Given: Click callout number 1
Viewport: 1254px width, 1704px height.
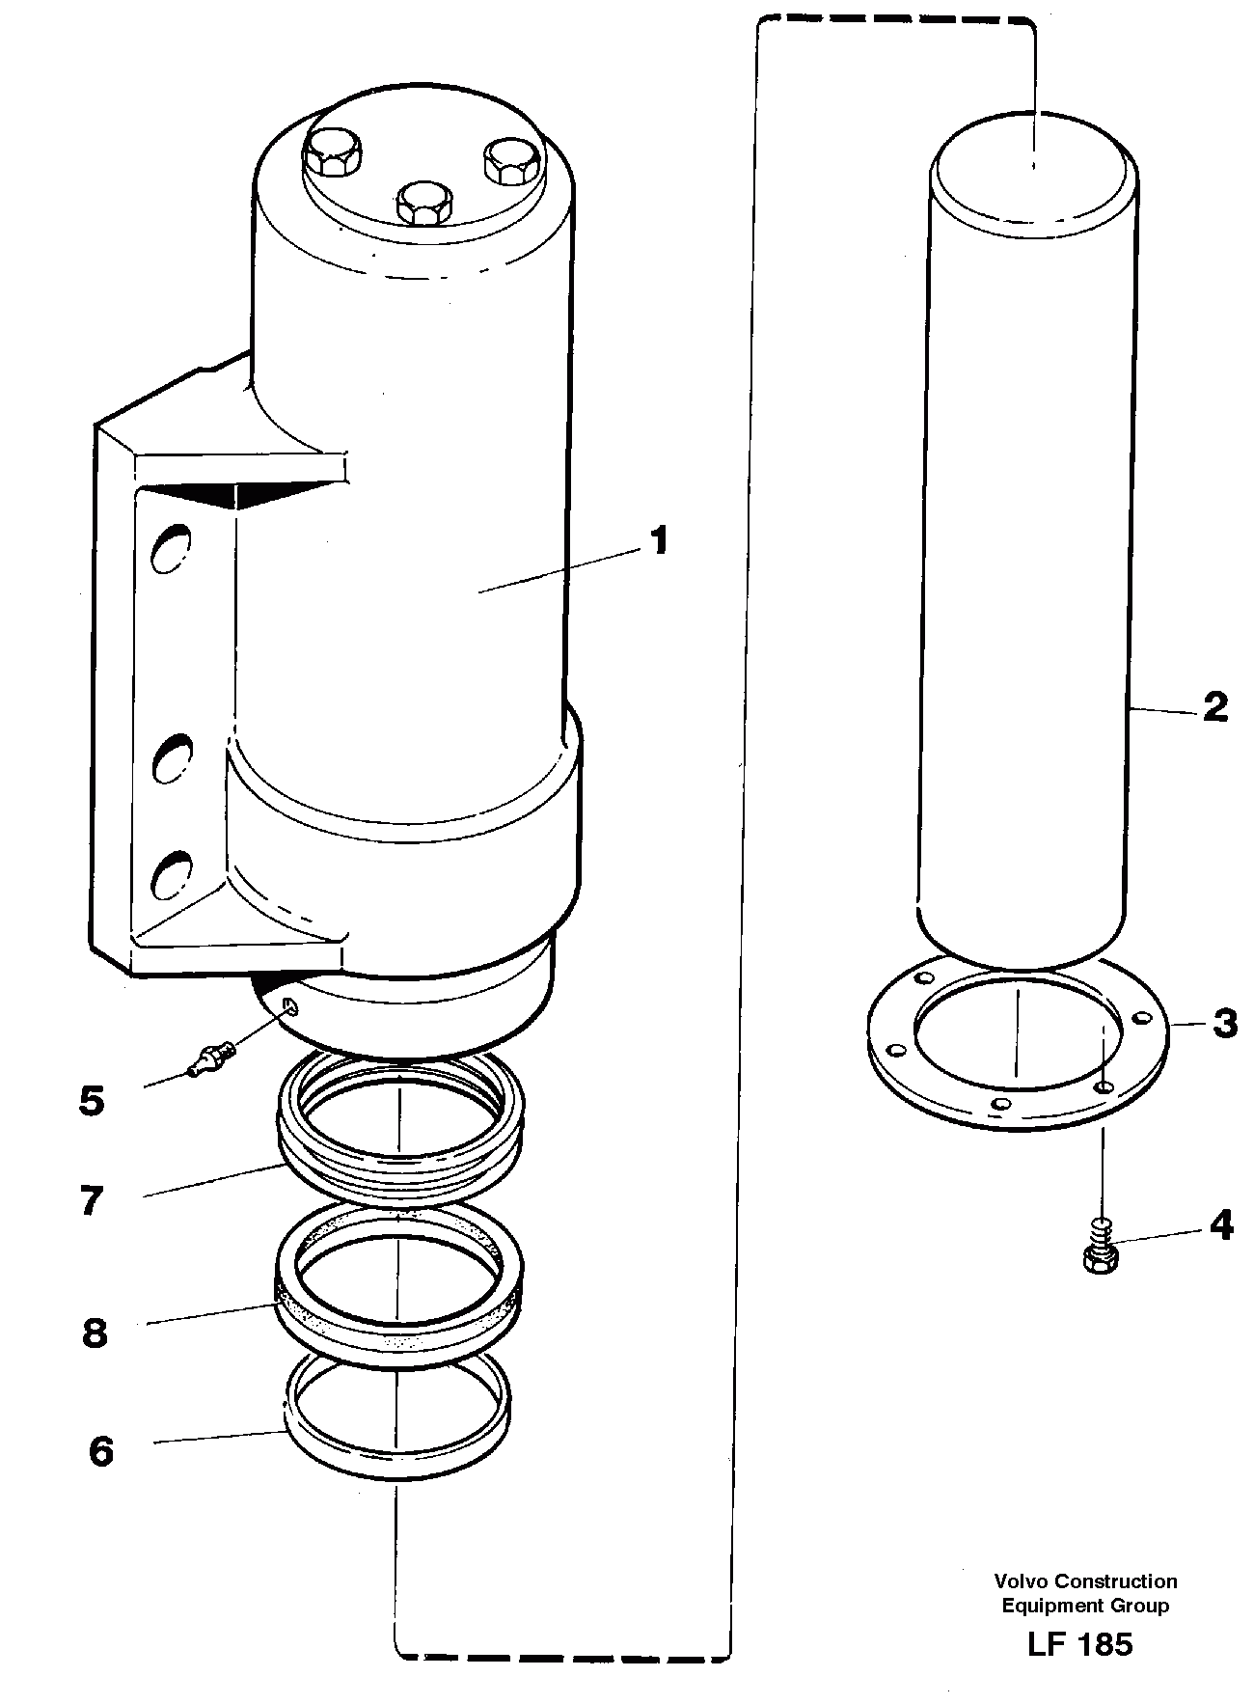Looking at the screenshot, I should (658, 541).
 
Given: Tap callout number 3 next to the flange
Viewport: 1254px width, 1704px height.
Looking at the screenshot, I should (1224, 1023).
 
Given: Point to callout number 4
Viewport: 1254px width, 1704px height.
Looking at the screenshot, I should (1220, 1225).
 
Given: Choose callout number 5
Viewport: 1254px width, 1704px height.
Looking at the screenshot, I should (92, 1100).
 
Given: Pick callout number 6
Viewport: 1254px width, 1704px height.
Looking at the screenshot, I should (100, 1451).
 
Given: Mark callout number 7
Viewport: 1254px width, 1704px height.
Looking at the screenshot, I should (92, 1201).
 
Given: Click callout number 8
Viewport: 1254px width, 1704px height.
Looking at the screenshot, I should (94, 1333).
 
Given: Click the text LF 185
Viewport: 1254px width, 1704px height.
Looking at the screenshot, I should (1080, 1645).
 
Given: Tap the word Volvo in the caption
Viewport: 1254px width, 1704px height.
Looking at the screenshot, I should (1022, 1580).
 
